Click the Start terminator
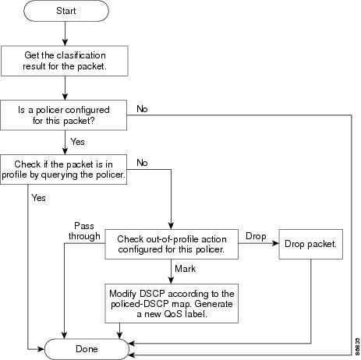[x=66, y=11]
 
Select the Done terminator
[x=87, y=349]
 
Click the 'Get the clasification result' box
[x=65, y=61]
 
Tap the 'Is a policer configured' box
[x=63, y=115]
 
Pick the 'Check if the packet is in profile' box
[x=63, y=169]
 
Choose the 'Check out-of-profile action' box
[x=172, y=244]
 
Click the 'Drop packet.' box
[x=310, y=244]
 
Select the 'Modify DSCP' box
[x=172, y=303]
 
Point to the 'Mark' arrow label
[x=185, y=269]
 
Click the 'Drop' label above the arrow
[x=256, y=236]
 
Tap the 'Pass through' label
[x=84, y=231]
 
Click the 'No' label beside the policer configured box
[x=142, y=109]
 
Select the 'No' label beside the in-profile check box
[x=142, y=163]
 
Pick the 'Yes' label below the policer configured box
[x=77, y=142]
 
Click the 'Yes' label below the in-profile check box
[x=38, y=198]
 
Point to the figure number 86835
[x=358, y=348]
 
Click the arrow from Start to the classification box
[x=65, y=34]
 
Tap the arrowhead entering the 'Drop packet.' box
[x=275, y=243]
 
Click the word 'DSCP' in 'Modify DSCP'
[x=152, y=294]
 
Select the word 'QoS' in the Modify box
[x=173, y=314]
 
